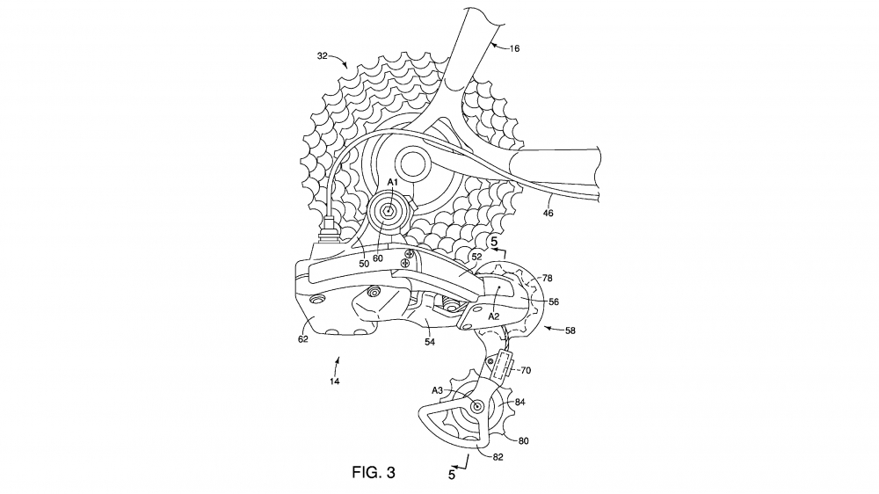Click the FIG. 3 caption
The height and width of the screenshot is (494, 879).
click(374, 473)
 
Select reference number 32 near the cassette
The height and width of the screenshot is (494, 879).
click(323, 55)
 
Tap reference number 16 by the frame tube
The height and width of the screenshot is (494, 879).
click(514, 48)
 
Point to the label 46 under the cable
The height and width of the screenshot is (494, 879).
click(548, 213)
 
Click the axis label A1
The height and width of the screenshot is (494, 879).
click(392, 182)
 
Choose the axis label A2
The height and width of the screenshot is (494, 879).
click(493, 316)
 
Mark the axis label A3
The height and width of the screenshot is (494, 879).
click(437, 390)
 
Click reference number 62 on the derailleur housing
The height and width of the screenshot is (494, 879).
click(302, 338)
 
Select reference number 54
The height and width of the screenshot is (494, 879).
click(430, 341)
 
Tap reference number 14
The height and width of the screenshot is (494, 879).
click(334, 381)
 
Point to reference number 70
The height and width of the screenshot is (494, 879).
click(526, 370)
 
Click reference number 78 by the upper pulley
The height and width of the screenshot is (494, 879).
click(548, 278)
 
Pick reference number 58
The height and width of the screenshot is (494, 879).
click(570, 331)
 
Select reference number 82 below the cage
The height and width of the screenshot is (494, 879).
click(498, 457)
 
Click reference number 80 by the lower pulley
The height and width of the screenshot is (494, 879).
click(523, 440)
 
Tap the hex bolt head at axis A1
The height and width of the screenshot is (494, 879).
click(388, 211)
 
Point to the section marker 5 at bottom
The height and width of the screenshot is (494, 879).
click(452, 475)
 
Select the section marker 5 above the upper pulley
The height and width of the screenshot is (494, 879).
click(494, 243)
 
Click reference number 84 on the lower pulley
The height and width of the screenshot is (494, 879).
click(520, 402)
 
